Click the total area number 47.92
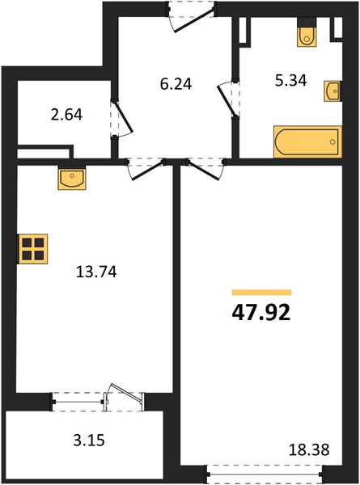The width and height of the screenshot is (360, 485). click(261, 312)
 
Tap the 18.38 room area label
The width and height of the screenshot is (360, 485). click(308, 449)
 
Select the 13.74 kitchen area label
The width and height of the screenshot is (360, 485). click(96, 272)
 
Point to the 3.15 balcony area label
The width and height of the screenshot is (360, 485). click(89, 441)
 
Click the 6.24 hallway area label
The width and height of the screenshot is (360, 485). click(176, 84)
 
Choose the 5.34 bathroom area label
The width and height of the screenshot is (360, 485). click(291, 80)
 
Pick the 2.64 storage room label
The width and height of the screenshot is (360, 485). click(66, 115)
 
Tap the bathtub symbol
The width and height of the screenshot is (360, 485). click(307, 141)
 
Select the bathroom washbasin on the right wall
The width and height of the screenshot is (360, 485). click(332, 91)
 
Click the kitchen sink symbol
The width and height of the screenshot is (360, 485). click(72, 178)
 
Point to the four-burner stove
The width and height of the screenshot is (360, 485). click(33, 249)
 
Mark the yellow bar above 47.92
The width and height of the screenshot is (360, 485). click(261, 293)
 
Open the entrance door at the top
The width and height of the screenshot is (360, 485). click(191, 17)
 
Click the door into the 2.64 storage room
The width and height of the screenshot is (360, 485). click(121, 118)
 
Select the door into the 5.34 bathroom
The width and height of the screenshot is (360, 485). click(228, 99)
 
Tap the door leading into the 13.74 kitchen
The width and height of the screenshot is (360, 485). click(146, 169)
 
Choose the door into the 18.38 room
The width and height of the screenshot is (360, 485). click(205, 169)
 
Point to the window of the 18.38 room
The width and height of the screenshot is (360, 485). click(265, 474)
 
